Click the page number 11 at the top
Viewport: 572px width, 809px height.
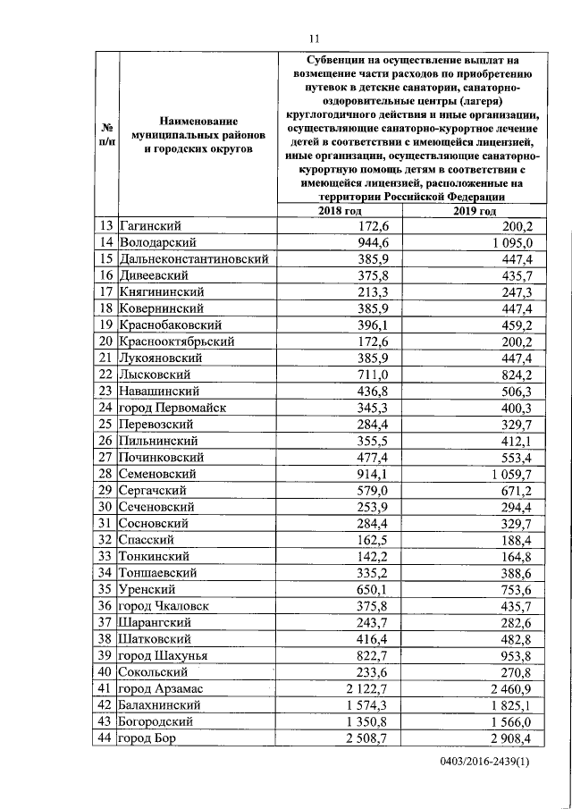click(x=314, y=38)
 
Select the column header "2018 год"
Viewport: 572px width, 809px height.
click(x=341, y=210)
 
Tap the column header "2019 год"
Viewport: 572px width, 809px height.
click(x=473, y=210)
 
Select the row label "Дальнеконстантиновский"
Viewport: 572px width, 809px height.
click(x=194, y=258)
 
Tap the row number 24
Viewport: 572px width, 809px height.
click(x=105, y=408)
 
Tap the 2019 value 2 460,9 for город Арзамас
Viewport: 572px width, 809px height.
click(x=506, y=688)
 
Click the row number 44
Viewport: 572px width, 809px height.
click(x=105, y=738)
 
